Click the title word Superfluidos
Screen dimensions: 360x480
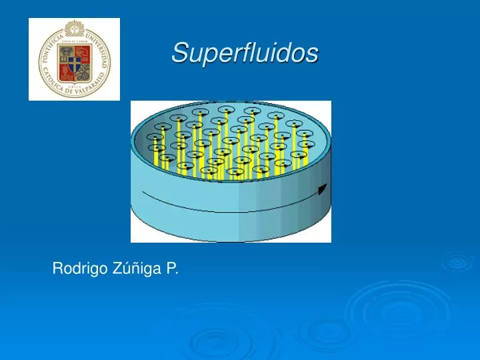point(245,53)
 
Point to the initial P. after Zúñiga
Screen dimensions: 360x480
point(172,269)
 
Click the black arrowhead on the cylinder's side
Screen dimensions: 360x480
point(323,189)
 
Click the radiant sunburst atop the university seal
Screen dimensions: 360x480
point(74,29)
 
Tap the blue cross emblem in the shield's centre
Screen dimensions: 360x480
point(74,62)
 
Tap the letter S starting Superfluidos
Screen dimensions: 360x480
point(178,53)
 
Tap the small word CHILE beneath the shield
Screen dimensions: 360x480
point(74,86)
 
